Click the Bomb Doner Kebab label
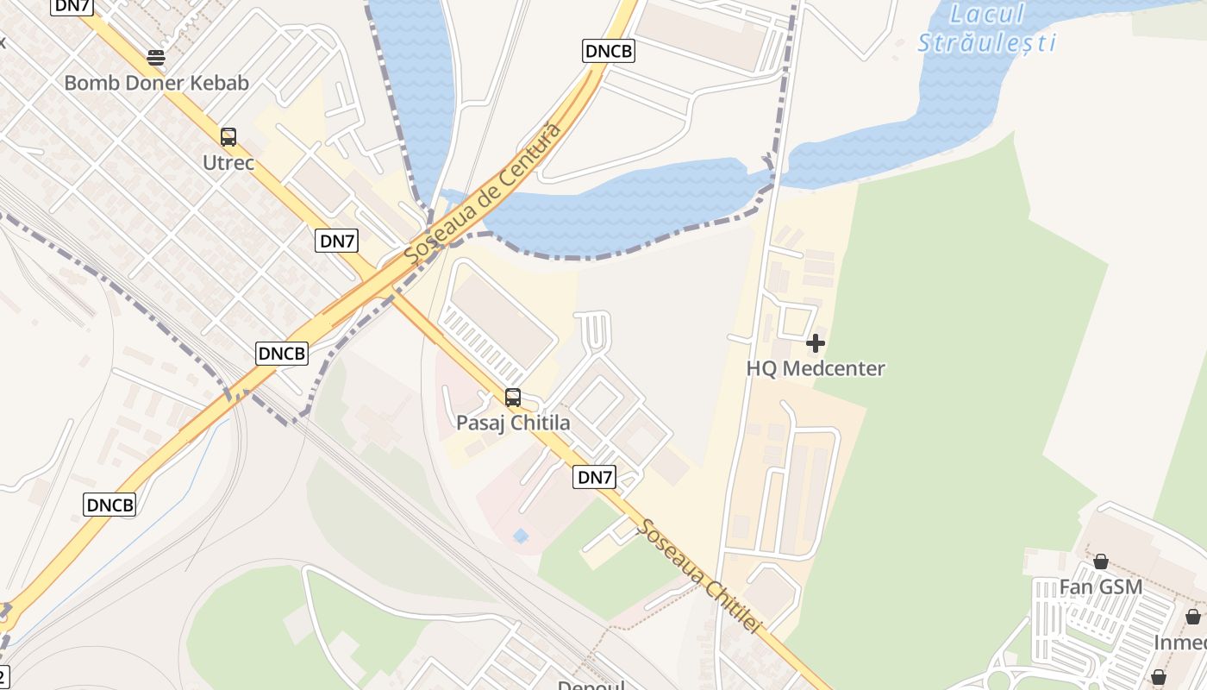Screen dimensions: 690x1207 pyautogui.click(x=156, y=84)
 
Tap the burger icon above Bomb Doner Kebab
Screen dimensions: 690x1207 pyautogui.click(x=156, y=58)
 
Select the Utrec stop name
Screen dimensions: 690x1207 pyautogui.click(x=228, y=162)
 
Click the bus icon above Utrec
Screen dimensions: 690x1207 pyautogui.click(x=228, y=136)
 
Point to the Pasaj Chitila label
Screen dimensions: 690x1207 pyautogui.click(x=512, y=423)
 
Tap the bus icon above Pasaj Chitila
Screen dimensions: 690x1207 pyautogui.click(x=513, y=398)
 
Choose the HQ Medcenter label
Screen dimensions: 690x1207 pyautogui.click(x=815, y=368)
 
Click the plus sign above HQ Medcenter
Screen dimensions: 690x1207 pyautogui.click(x=815, y=344)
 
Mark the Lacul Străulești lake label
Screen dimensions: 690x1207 pyautogui.click(x=986, y=28)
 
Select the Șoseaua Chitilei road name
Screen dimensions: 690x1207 pyautogui.click(x=698, y=576)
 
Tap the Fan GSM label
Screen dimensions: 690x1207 pyautogui.click(x=1100, y=587)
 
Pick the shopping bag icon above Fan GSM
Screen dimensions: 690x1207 pyautogui.click(x=1101, y=562)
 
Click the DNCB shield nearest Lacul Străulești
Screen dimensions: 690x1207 pyautogui.click(x=609, y=51)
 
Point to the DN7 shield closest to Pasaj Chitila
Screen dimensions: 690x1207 pyautogui.click(x=595, y=477)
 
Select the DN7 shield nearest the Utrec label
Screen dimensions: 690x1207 pyautogui.click(x=338, y=241)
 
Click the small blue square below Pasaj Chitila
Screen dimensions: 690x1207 pyautogui.click(x=521, y=536)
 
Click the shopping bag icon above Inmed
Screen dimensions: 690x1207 pyautogui.click(x=1193, y=618)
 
